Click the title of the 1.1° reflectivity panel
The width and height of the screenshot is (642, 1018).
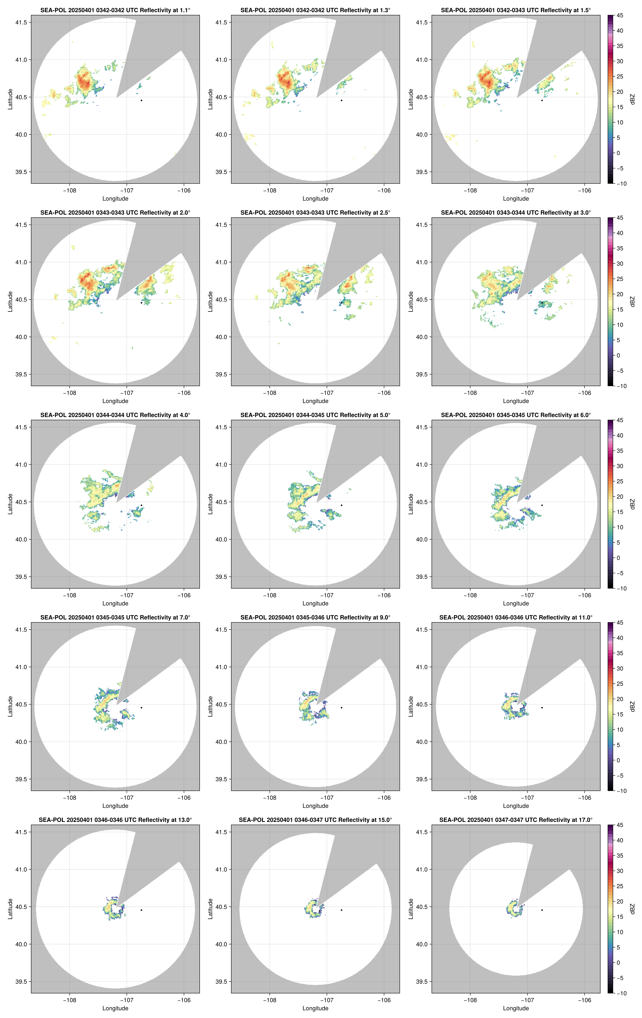point(115,10)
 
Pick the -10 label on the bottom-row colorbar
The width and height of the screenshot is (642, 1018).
point(621,993)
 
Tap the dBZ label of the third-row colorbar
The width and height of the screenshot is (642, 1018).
point(632,504)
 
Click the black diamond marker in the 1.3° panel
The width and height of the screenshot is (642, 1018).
point(341,100)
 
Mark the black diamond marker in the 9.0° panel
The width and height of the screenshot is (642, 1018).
point(341,708)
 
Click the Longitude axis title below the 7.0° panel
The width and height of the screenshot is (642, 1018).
point(115,806)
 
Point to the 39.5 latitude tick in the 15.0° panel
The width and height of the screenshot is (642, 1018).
point(221,982)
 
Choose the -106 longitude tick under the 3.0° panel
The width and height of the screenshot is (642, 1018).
point(584,393)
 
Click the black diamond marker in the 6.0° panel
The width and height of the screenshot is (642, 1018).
point(542,505)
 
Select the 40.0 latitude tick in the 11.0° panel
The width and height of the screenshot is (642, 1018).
point(422,742)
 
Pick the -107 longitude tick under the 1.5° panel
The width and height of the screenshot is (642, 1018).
point(527,190)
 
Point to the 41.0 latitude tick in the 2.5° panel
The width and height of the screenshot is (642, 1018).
point(221,262)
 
